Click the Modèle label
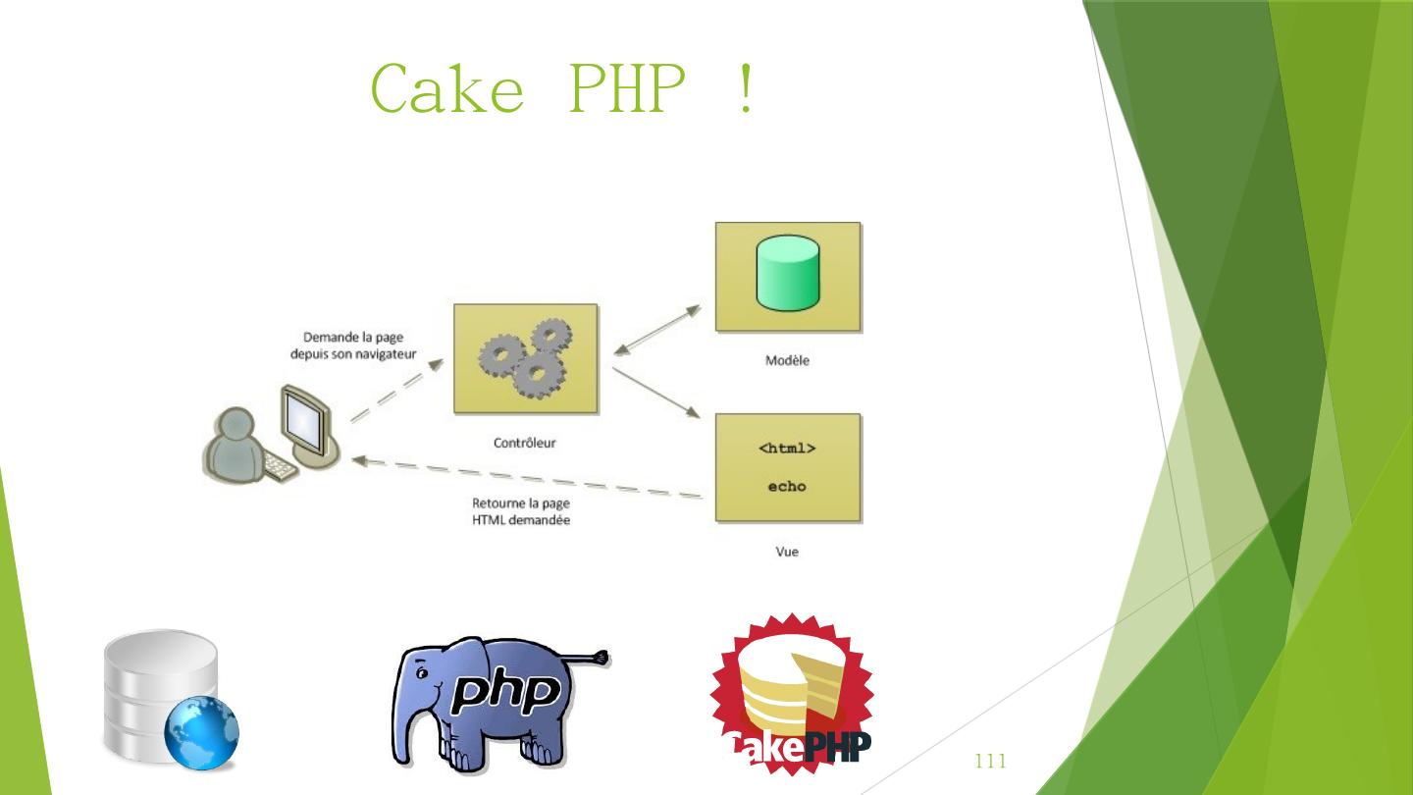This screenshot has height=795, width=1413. (x=787, y=360)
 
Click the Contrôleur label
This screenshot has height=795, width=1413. (x=524, y=443)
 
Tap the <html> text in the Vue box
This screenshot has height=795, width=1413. (x=787, y=449)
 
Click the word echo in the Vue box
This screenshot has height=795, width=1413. (x=787, y=486)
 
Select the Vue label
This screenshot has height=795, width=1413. (x=787, y=552)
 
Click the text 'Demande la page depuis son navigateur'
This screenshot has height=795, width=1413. (x=353, y=345)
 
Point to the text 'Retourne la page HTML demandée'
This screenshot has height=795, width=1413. (x=521, y=511)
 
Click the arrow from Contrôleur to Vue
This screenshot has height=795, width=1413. (x=654, y=392)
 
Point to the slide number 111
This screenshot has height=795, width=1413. (x=991, y=762)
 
